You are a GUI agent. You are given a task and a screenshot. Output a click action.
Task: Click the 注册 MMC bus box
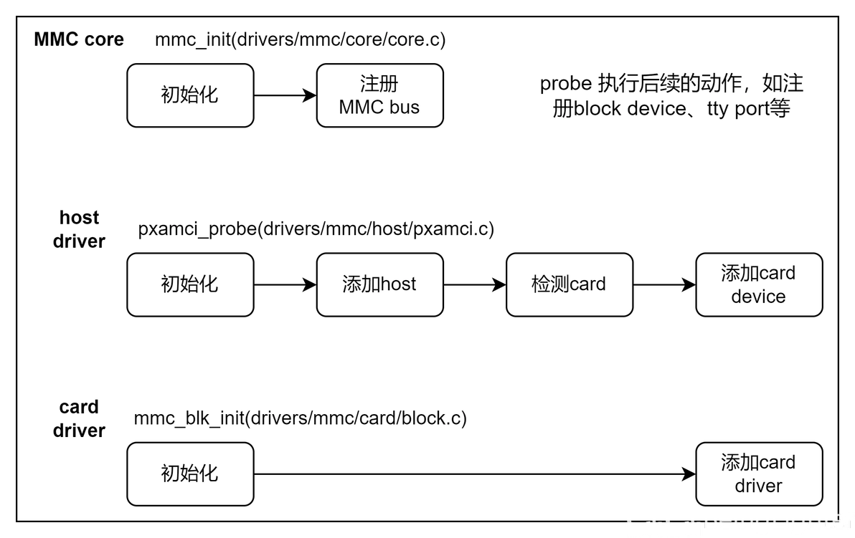click(x=379, y=95)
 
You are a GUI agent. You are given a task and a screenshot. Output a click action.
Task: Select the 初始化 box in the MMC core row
click(x=190, y=95)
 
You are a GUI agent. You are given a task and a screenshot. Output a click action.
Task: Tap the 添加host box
click(x=379, y=284)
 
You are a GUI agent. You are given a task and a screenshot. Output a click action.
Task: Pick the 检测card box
click(x=569, y=284)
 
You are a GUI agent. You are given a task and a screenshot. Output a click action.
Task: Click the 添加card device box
click(x=758, y=284)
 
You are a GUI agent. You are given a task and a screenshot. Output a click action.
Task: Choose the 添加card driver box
click(x=758, y=474)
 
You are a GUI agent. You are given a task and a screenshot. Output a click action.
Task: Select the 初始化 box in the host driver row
click(x=190, y=284)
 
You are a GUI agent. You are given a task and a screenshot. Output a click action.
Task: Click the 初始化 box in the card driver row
click(x=190, y=474)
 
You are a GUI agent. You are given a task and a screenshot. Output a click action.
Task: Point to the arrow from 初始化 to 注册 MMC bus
click(x=285, y=95)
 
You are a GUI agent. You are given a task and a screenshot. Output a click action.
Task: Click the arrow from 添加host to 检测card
click(x=474, y=284)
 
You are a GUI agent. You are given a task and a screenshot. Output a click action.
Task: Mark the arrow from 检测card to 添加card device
click(x=663, y=284)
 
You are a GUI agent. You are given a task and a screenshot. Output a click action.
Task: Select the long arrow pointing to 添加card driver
click(x=473, y=474)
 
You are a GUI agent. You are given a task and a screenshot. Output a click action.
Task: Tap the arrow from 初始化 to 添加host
click(x=285, y=284)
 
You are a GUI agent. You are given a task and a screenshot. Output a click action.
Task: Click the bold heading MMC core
click(x=79, y=39)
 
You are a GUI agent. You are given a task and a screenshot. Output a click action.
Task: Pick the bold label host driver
click(x=79, y=229)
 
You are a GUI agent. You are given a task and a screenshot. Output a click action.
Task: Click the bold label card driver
click(x=79, y=418)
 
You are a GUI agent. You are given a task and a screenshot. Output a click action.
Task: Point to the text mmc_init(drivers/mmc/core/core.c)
click(x=300, y=39)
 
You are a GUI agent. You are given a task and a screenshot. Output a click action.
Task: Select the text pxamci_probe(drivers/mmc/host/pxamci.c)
click(x=316, y=229)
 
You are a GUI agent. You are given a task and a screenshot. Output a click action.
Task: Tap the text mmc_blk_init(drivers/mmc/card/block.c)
click(x=300, y=418)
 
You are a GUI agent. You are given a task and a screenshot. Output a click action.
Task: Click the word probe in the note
click(x=565, y=84)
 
